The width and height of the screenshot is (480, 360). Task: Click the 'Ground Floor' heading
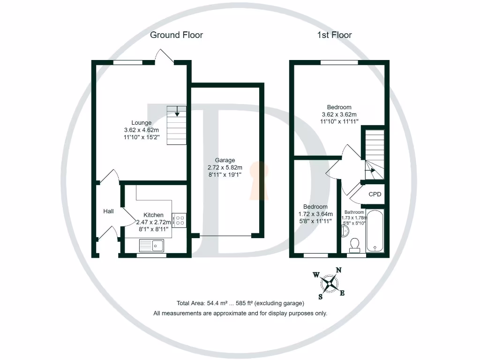[x=176, y=35]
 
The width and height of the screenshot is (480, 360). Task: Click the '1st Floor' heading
[x=334, y=35]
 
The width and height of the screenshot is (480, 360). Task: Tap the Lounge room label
[x=141, y=123]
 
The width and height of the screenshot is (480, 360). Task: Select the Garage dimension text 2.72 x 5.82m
[x=225, y=167]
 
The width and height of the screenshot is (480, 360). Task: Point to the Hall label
[x=108, y=211]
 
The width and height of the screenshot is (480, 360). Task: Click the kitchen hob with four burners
[x=179, y=220]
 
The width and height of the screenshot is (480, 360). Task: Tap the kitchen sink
[x=150, y=245]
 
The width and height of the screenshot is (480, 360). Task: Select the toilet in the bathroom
[x=355, y=243]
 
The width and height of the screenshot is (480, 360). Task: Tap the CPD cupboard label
[x=375, y=195]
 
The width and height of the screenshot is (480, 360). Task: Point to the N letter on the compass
[x=338, y=270]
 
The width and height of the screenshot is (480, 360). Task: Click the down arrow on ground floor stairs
[x=177, y=111]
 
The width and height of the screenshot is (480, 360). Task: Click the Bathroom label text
[x=354, y=212]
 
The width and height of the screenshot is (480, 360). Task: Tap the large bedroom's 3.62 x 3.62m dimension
[x=339, y=114]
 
